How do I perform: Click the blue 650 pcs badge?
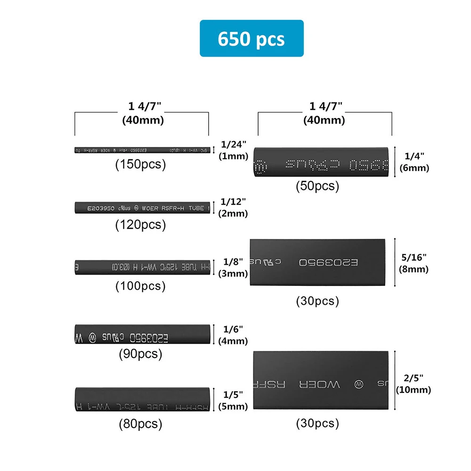click(252, 38)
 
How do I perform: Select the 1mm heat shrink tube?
click(141, 150)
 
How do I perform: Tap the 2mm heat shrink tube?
click(141, 208)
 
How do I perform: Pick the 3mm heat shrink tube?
click(141, 267)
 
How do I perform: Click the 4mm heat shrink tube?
click(141, 333)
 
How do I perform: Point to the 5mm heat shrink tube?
click(141, 400)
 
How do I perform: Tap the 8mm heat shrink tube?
click(317, 262)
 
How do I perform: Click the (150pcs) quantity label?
click(141, 165)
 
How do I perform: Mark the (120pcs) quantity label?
click(141, 225)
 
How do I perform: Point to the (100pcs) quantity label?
click(141, 286)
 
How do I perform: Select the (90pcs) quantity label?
click(141, 354)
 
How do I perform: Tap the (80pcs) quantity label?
click(141, 424)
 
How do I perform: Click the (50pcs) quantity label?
click(317, 186)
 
